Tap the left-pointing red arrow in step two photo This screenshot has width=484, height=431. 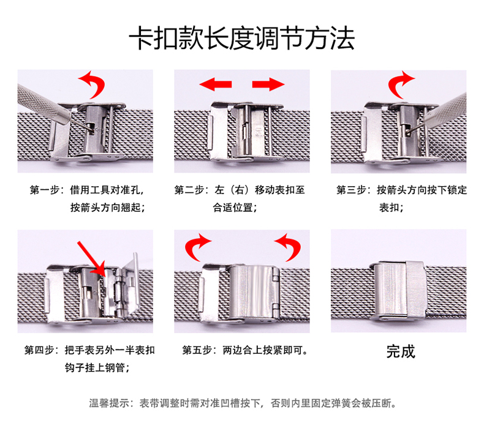tap(211, 83)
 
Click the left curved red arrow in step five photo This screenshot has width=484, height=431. tap(197, 247)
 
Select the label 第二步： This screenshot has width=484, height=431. tap(192, 190)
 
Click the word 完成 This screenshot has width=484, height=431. tap(400, 351)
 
